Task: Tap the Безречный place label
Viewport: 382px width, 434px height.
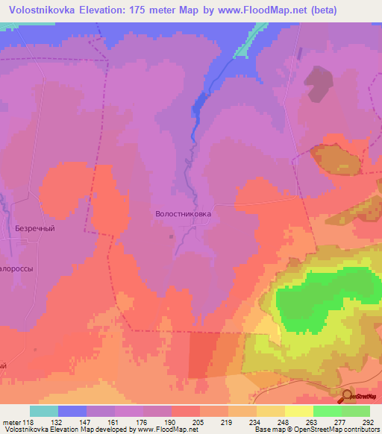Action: (x=35, y=230)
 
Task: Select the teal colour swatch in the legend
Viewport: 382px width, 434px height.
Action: (x=44, y=411)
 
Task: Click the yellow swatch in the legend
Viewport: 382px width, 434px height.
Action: (x=299, y=411)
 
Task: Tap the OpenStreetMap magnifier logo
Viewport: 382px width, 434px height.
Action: (x=348, y=396)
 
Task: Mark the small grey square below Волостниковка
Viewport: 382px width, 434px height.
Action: (x=174, y=238)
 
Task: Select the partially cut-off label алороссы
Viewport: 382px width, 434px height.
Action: (x=17, y=268)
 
